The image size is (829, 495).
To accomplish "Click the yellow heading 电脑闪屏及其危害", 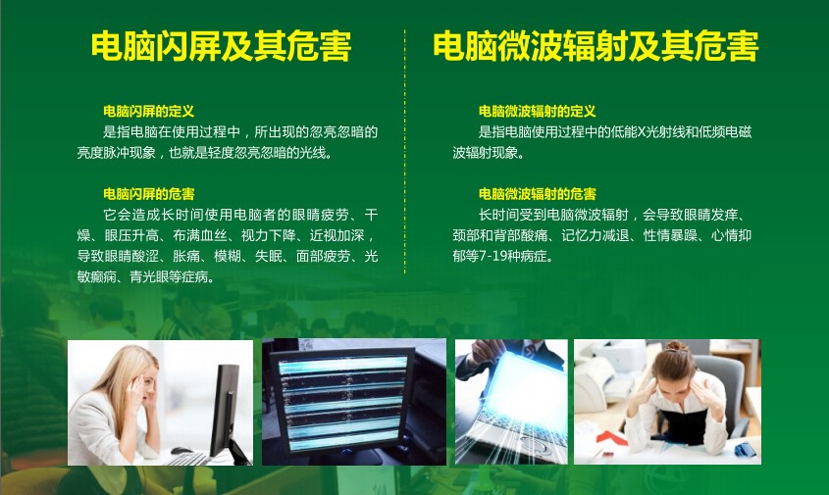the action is click(221, 46).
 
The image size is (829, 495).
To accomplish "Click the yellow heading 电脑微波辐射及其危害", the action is click(596, 46).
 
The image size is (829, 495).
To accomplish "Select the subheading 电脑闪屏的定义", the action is click(148, 112).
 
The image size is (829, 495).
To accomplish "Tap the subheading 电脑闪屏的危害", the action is click(148, 194).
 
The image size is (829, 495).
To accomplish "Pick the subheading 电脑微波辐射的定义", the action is click(538, 112).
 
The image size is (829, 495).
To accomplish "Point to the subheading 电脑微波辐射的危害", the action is click(538, 194).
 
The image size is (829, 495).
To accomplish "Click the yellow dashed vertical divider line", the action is click(405, 152).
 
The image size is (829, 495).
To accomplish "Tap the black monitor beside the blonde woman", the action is click(226, 410).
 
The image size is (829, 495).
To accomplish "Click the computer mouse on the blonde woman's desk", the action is click(181, 451).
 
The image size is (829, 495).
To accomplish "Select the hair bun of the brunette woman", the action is click(677, 347).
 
